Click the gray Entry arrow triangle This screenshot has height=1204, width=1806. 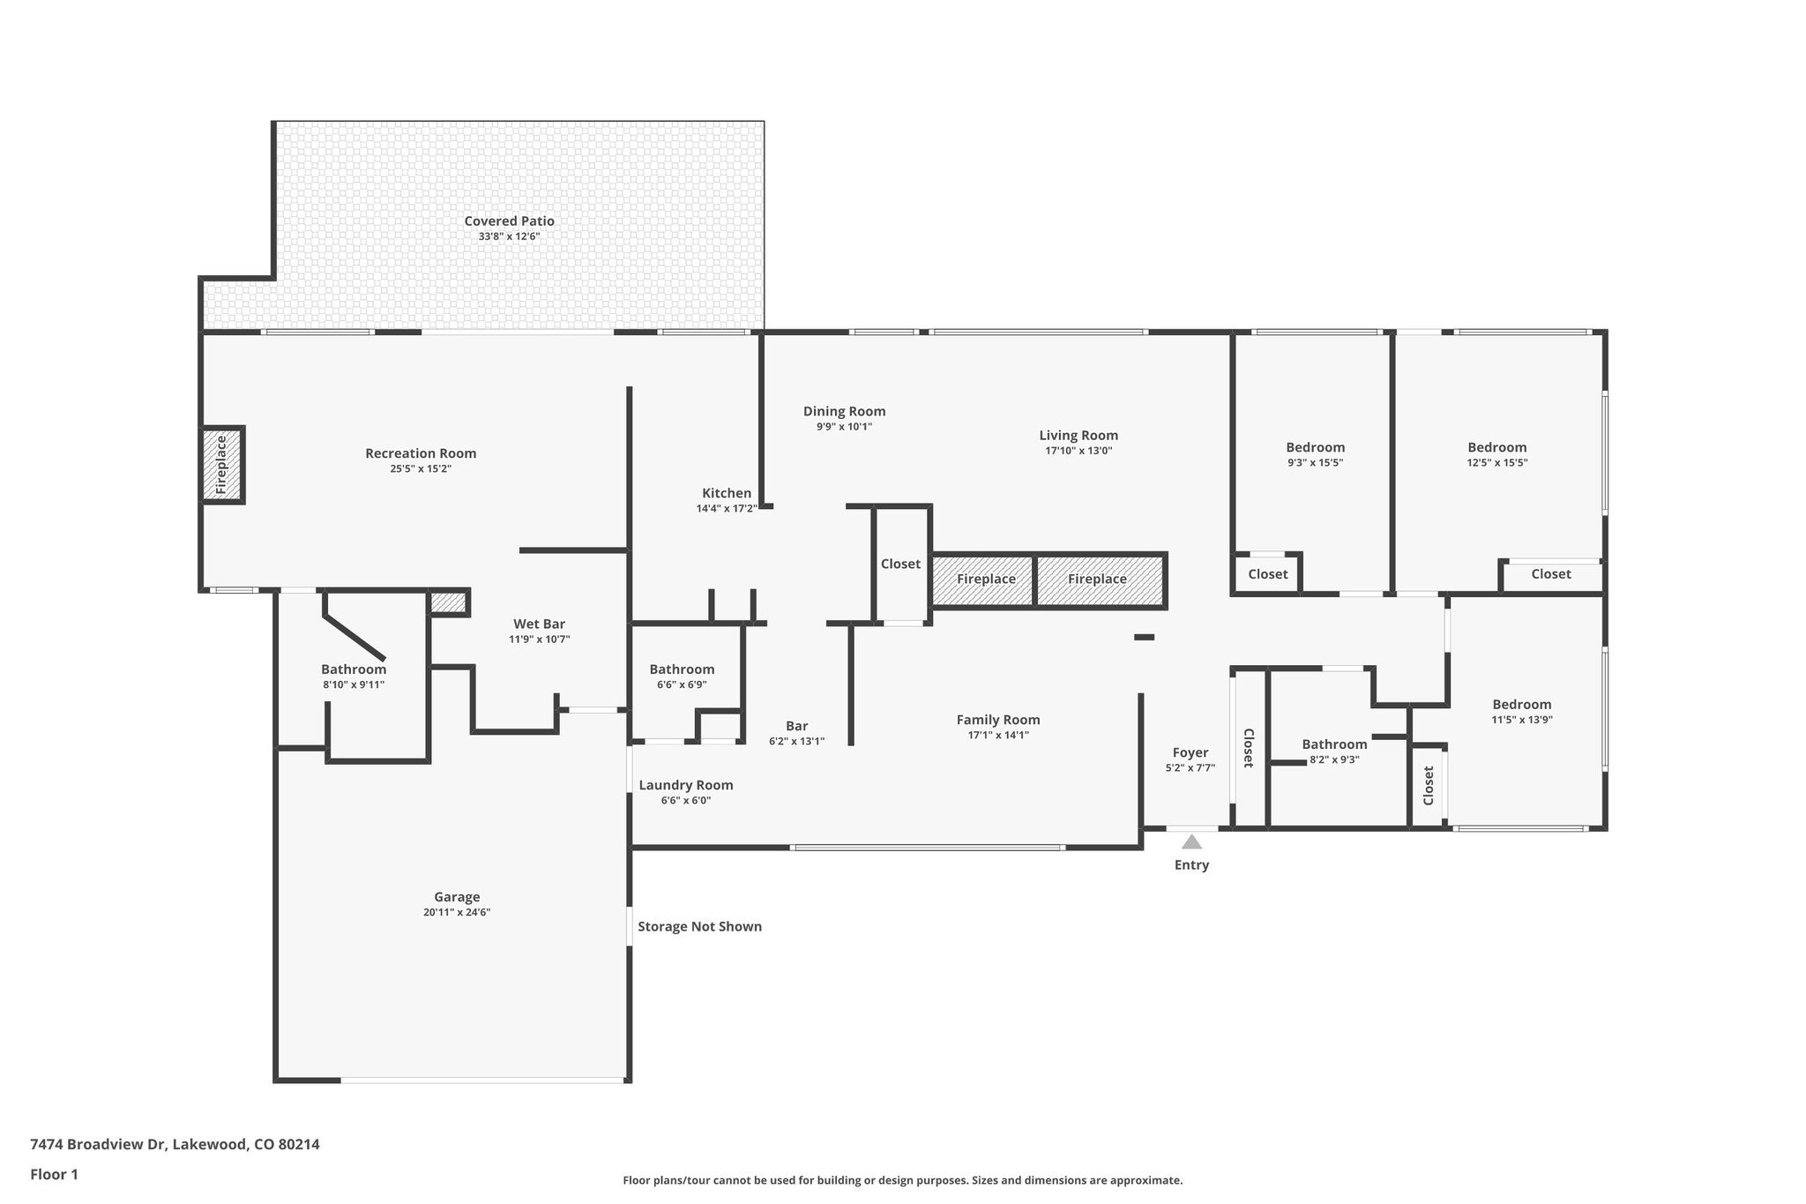point(1191,842)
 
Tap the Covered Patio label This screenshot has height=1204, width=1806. point(509,221)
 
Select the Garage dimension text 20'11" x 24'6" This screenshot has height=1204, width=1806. point(456,913)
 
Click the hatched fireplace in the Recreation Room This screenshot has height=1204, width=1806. point(221,465)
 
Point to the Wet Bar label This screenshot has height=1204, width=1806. point(539,624)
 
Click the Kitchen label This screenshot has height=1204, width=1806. point(727,493)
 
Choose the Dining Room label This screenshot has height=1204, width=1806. point(844,411)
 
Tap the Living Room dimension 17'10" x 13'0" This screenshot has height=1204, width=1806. point(1078,451)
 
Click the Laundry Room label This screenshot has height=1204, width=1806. point(685,785)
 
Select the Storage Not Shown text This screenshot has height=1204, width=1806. point(699,926)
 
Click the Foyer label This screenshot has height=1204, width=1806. point(1190,752)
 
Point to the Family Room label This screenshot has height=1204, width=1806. point(997,720)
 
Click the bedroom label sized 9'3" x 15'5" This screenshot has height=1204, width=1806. point(1315,447)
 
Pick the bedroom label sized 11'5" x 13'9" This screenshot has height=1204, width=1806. point(1521,704)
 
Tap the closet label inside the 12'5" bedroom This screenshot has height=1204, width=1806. point(1550,574)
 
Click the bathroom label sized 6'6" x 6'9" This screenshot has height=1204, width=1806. point(682,669)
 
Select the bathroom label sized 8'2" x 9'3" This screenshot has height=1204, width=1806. point(1334,744)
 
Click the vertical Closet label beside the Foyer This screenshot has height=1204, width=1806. point(1249,748)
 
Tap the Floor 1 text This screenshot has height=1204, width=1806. point(54,1174)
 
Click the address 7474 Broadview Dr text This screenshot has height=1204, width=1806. point(175,1144)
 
